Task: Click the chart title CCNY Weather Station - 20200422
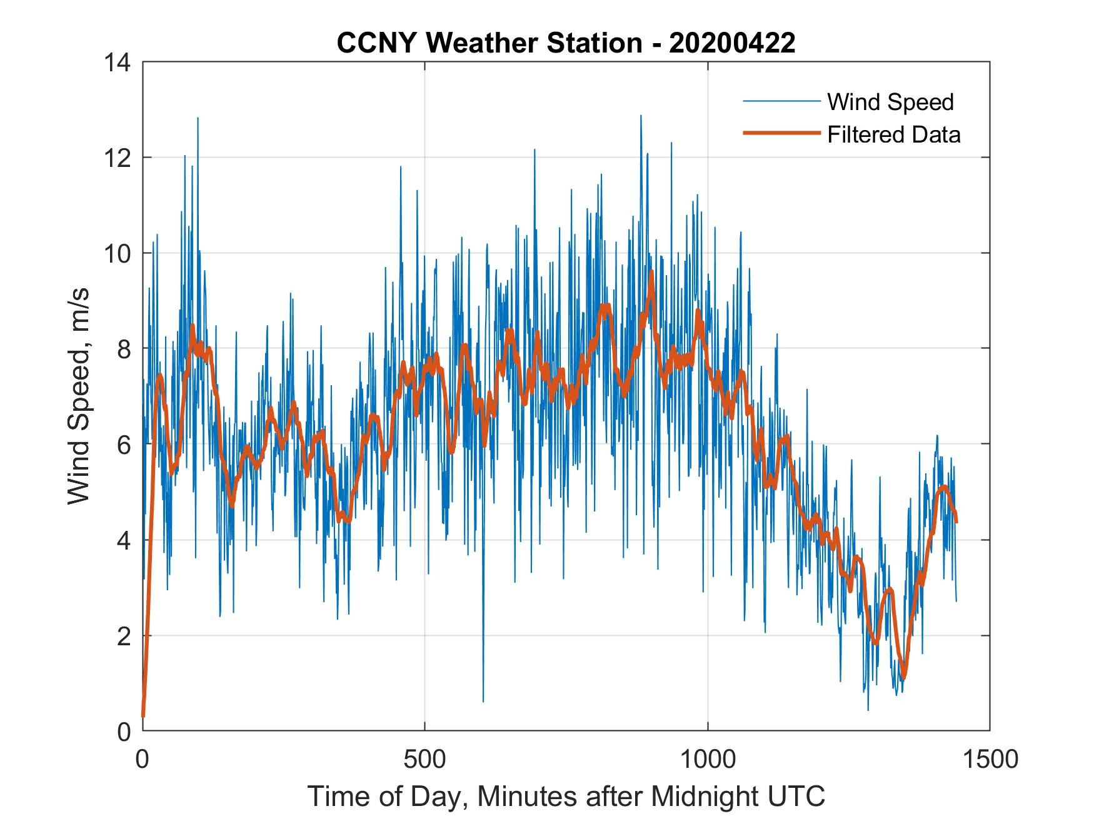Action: coord(566,43)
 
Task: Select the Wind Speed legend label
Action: coord(890,101)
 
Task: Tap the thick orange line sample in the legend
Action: coord(781,133)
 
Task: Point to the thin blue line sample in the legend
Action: coord(781,101)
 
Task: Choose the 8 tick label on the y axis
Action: coord(124,349)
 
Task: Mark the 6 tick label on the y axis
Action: coord(124,445)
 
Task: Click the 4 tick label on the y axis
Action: coord(124,540)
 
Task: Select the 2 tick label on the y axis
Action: coord(124,636)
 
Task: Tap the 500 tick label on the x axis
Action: coord(425,759)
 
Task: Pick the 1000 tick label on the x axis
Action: coord(708,759)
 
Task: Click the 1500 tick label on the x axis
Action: coord(990,759)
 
